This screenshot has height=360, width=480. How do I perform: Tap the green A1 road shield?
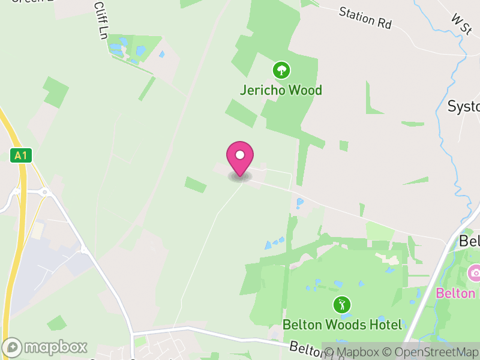(20, 156)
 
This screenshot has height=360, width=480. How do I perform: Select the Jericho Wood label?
(281, 91)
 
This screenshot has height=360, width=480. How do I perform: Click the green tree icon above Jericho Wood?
(281, 70)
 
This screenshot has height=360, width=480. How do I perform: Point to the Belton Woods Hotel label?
(342, 325)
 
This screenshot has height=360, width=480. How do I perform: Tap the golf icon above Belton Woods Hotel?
(342, 304)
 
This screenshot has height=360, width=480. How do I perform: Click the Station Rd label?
(365, 18)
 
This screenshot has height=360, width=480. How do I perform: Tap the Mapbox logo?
(46, 347)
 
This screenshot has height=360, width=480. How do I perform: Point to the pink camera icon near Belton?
(475, 274)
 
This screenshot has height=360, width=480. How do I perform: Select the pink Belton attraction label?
(456, 293)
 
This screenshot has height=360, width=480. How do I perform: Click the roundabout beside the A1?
(44, 193)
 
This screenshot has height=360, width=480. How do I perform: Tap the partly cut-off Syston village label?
(464, 107)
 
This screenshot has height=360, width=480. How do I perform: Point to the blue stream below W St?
(444, 90)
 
